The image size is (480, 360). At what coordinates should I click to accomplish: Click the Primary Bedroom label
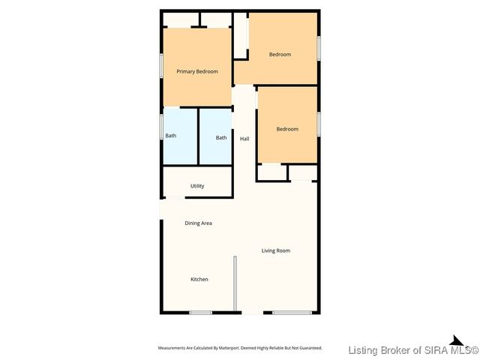coord(197,71)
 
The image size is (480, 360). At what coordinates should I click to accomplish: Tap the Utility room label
coord(197,186)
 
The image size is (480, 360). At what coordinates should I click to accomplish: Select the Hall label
coord(244,139)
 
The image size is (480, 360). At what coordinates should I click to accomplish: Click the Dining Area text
coord(199,223)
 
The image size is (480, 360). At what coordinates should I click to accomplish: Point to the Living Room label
coord(275,250)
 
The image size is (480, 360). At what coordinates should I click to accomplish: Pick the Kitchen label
coord(199,279)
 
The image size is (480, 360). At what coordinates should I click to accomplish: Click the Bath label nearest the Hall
coord(221,137)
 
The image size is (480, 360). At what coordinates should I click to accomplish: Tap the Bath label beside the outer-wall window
coord(171,136)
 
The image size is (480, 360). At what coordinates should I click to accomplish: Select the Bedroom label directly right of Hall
coord(287,129)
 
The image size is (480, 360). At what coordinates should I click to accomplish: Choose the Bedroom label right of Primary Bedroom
coord(280,54)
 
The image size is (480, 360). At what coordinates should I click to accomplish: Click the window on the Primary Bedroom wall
coord(161,65)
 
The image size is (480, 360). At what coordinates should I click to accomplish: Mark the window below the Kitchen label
coord(200,313)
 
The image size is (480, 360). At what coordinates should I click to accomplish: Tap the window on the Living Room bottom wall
coord(291,313)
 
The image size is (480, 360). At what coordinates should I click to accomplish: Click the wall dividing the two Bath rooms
coord(198,136)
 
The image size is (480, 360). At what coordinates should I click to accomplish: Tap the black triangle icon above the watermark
coord(455,340)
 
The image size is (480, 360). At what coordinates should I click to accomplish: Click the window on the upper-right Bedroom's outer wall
coord(319,47)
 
